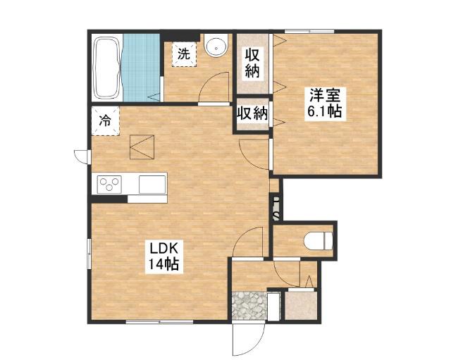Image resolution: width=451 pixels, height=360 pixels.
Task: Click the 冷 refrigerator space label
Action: click(x=105, y=120)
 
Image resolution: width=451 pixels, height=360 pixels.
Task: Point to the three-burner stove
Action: click(x=109, y=184)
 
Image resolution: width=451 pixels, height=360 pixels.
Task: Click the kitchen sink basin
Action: click(x=152, y=184)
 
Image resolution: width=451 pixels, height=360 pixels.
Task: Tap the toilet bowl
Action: click(x=318, y=240)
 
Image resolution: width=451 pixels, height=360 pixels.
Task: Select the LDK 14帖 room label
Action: click(x=163, y=255)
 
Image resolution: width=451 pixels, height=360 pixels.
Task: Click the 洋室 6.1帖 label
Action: click(x=325, y=103)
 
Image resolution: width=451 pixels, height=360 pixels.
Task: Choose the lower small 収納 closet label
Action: click(x=252, y=113)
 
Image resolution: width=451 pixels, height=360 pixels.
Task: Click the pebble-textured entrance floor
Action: click(x=249, y=306)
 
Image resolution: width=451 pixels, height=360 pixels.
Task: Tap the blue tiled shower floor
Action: click(x=141, y=68)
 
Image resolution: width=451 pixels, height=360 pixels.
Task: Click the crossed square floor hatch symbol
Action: click(x=142, y=147)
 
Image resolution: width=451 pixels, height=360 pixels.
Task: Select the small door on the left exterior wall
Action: click(x=82, y=156)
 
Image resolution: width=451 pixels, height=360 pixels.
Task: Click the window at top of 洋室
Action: click(x=309, y=31)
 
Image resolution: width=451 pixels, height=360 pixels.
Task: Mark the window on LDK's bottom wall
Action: click(x=159, y=322)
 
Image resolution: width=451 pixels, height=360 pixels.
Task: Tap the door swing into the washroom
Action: click(x=214, y=88)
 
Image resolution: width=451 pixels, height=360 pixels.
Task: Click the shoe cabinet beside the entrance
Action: click(x=301, y=305)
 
